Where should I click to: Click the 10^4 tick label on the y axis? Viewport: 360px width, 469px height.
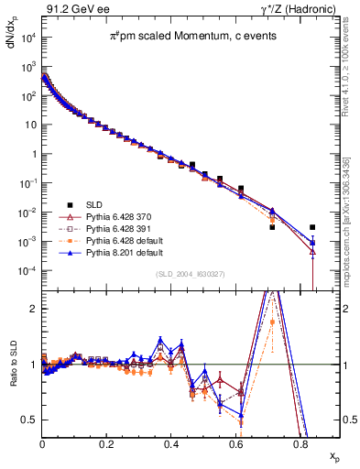(x=28, y=38)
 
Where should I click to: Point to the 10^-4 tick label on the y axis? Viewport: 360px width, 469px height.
(x=28, y=271)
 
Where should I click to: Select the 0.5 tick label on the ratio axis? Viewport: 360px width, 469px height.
(x=30, y=420)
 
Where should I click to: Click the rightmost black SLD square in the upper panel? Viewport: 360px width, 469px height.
(x=312, y=227)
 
